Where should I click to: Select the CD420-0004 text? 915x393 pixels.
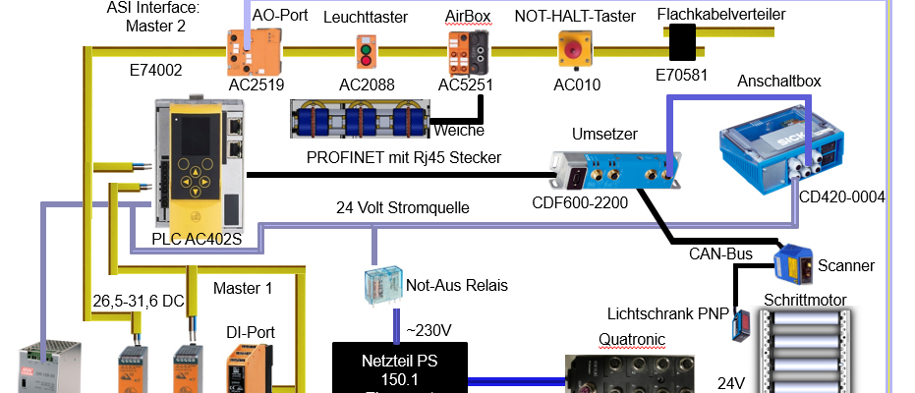(843, 196)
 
